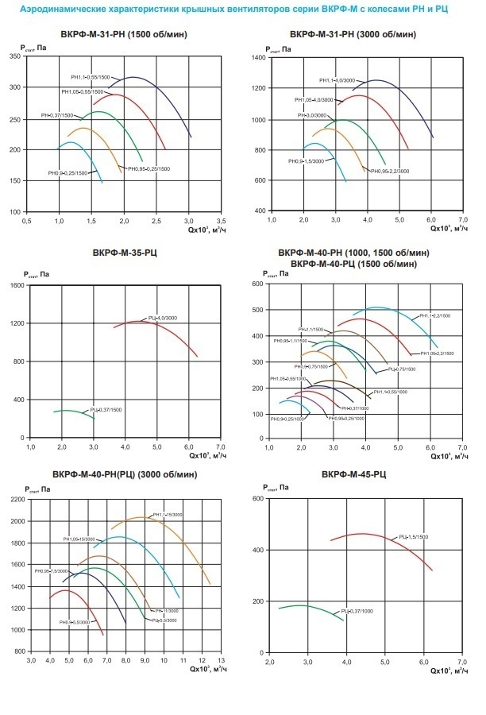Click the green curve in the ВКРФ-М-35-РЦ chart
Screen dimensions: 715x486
71,411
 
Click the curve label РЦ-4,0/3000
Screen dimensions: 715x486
162,318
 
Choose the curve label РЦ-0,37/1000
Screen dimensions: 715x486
359,612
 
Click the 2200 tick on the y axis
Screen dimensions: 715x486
15,500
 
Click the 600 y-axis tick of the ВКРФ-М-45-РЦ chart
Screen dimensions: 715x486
257,499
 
